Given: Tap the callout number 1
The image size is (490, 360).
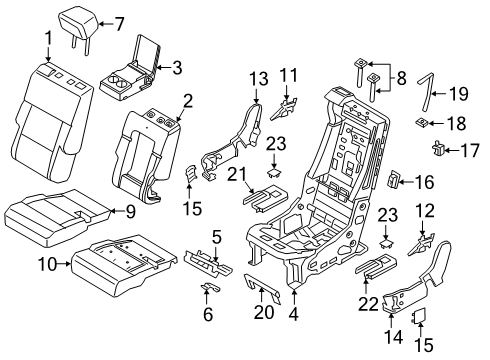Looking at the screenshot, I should click(x=48, y=38).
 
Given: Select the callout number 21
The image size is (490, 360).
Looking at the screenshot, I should click(x=236, y=173).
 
